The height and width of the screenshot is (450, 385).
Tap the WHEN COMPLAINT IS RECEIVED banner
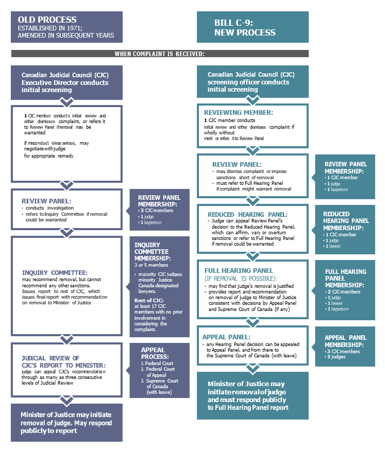coord(160,54)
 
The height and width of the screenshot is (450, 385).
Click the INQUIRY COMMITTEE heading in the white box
coord(55,272)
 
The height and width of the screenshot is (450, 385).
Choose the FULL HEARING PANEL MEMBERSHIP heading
coord(346,278)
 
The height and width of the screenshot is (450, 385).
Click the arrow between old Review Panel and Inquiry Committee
coord(66,232)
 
